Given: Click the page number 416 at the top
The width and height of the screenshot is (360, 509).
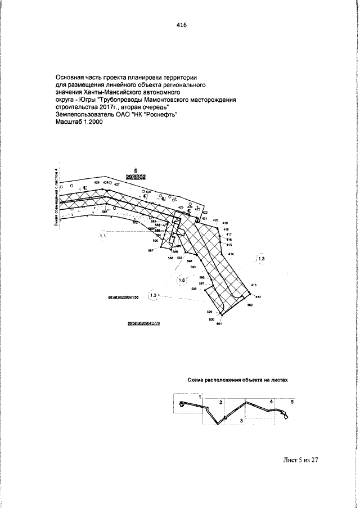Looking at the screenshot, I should (x=181, y=25).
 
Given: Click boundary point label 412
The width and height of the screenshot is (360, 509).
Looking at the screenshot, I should (x=258, y=296).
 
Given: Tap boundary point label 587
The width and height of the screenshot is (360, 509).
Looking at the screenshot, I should (x=151, y=251).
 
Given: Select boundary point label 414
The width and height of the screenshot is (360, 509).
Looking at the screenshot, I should (x=231, y=254).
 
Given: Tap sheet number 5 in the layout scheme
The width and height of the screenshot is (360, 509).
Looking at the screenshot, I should (x=292, y=402).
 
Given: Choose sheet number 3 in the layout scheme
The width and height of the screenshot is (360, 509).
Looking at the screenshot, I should (x=241, y=420).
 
